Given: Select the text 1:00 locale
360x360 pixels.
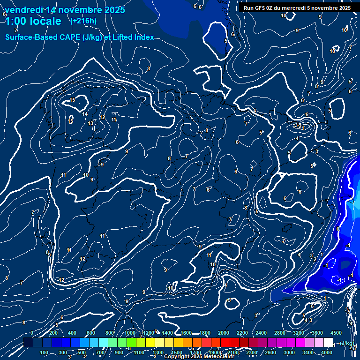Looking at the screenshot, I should point(33,21).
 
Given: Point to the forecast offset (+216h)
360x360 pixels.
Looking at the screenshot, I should point(83,21).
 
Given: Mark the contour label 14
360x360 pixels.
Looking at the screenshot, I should point(85,114).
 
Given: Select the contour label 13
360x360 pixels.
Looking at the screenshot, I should point(90,123).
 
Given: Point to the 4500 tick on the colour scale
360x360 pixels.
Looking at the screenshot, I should point(336,333).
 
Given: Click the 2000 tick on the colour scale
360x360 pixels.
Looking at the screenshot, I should point(223,333).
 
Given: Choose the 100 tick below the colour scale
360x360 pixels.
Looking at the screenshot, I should point(44,352).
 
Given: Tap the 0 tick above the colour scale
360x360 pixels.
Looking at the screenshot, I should point(32,333).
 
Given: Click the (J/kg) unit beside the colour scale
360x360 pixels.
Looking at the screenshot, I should point(347,344).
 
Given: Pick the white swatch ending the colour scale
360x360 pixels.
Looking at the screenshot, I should point(328,343).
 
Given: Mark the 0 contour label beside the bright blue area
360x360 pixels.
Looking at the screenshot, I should point(338,229).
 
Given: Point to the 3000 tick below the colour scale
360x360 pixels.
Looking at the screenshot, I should point(290,352).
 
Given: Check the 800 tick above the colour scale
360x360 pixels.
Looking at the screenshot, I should point(110,333).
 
